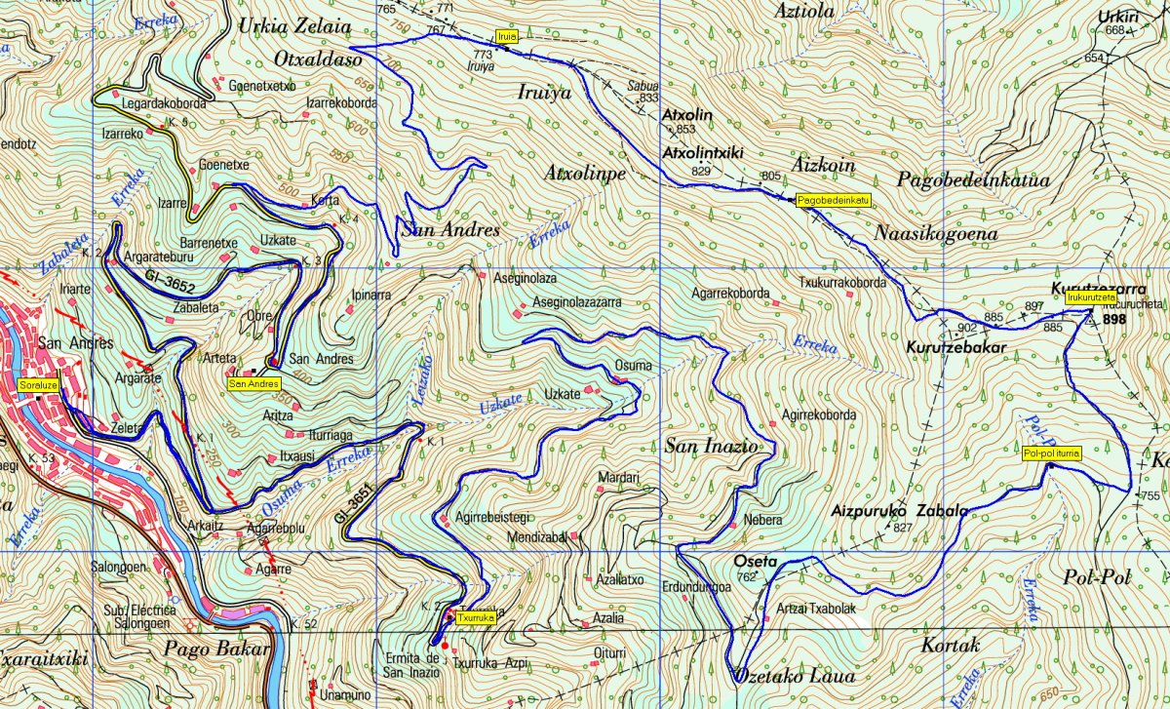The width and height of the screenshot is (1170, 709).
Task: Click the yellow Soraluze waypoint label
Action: tap(34, 383)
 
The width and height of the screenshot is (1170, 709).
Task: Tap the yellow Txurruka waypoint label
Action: tap(476, 617)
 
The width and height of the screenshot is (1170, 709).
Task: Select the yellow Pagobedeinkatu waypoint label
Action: tap(833, 200)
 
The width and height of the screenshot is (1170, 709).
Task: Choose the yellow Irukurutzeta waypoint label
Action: tap(1091, 297)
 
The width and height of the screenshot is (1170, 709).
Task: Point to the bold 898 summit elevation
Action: tap(1114, 319)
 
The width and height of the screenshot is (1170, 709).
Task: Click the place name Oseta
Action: tap(756, 562)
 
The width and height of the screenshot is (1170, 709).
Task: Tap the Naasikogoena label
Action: tap(936, 234)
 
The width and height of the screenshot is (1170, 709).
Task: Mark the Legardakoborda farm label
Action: tap(162, 101)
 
